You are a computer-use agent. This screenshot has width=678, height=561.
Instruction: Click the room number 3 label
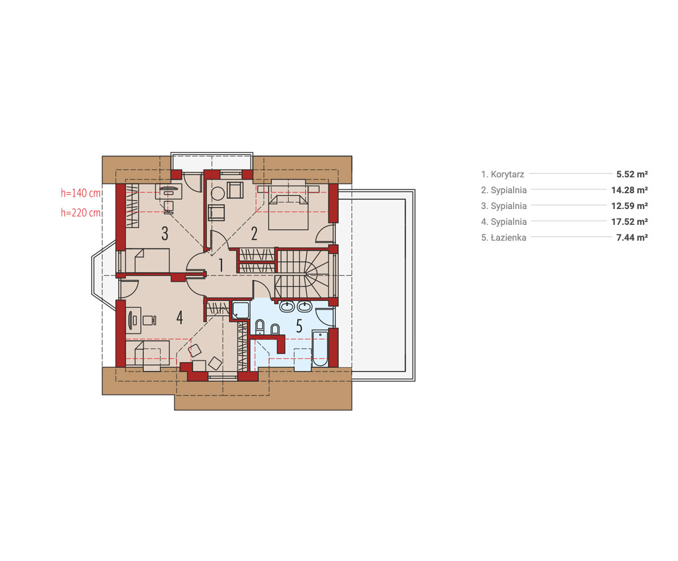165,233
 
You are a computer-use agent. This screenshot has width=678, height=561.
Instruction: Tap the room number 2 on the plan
254,233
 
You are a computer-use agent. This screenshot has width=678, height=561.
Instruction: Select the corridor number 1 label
221,265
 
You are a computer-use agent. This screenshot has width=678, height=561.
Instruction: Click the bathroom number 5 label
299,326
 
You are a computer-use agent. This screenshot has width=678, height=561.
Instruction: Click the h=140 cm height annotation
81,193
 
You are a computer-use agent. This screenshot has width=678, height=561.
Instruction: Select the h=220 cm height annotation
81,212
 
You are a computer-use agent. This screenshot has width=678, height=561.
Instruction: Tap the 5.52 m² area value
632,174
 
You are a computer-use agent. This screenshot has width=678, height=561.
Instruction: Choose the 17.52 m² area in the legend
629,221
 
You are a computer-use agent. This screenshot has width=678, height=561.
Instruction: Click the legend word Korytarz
507,175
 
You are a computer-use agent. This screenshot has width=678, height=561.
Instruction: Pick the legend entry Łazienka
508,238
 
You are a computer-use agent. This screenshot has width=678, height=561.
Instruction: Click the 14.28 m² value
629,190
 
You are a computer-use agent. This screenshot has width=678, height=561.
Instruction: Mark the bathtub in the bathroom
320,349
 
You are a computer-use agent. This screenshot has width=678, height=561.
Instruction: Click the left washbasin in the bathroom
286,306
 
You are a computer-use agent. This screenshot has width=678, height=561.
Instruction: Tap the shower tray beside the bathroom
240,310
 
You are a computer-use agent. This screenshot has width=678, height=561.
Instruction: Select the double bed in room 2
288,212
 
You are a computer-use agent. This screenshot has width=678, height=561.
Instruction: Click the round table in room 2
218,194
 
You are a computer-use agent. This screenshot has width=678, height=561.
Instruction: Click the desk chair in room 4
149,320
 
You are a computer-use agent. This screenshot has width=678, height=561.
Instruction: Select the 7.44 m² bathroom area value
632,238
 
